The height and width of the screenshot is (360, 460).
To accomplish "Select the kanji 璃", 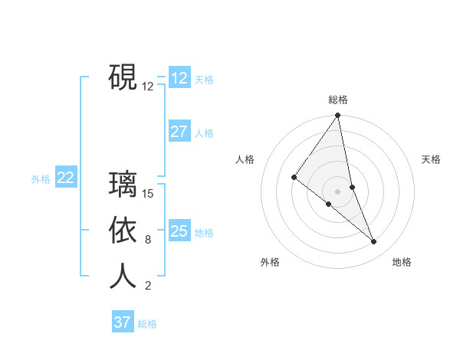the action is click(123, 185).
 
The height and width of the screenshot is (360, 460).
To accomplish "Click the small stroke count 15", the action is click(149, 194).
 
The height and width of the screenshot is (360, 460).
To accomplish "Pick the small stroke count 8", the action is click(148, 240).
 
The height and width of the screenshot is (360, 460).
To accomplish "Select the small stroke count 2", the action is click(148, 286).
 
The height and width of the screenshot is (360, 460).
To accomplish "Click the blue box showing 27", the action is click(179, 132).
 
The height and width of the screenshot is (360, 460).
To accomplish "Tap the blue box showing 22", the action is click(65, 178).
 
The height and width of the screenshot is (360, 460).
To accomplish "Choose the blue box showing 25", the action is click(179, 231).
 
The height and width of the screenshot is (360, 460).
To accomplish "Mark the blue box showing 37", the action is click(122, 322).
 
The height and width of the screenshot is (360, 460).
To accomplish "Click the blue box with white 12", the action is click(179, 77).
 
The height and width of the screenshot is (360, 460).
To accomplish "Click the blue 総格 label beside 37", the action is click(147, 324).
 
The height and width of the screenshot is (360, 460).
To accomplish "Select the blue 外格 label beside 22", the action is click(41, 179).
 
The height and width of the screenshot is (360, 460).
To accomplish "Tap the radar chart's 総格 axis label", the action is click(338, 100).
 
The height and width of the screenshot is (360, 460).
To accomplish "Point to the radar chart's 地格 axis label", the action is click(402, 262).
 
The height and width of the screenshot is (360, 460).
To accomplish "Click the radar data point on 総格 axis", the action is click(338, 116).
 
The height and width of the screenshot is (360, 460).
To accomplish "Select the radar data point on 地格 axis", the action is click(374, 242).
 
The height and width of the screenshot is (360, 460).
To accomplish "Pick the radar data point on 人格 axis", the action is click(294, 177).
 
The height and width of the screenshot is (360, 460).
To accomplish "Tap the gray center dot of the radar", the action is click(338, 191).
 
